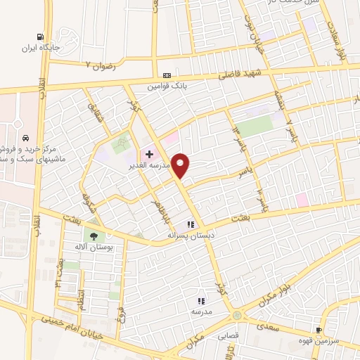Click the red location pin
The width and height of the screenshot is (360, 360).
pyautogui.click(x=181, y=166)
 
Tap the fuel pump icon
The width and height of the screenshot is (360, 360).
pyautogui.click(x=41, y=38)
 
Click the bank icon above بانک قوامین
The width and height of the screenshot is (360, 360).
pyautogui.click(x=167, y=76)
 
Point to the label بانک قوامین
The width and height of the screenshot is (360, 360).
pyautogui.click(x=167, y=87)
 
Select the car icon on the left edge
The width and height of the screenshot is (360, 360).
pyautogui.click(x=25, y=138)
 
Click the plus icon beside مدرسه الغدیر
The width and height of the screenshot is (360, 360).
pyautogui.click(x=149, y=153)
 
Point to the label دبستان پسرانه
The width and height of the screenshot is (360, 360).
pyautogui.click(x=191, y=236)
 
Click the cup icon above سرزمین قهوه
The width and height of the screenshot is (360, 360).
pyautogui.click(x=319, y=329)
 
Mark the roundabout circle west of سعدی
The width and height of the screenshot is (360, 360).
pyautogui.click(x=236, y=316)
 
